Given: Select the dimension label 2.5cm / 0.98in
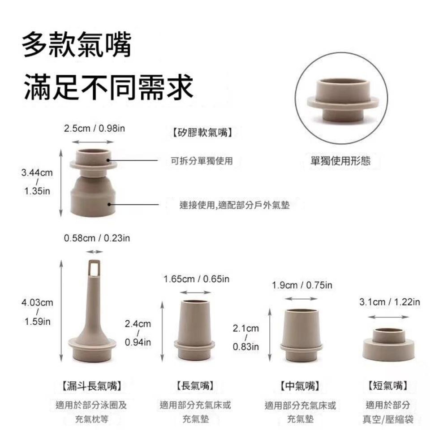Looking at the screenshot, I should (x=94, y=129).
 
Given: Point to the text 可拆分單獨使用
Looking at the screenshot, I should (x=202, y=161).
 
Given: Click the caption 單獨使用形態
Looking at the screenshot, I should (x=340, y=161).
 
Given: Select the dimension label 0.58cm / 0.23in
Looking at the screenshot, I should (x=97, y=238).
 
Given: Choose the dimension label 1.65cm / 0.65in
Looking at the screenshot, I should (x=197, y=279).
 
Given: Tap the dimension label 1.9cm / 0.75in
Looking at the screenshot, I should (x=302, y=285).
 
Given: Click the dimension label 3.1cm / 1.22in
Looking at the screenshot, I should (x=390, y=302).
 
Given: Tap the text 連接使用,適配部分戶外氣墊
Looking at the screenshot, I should (x=234, y=205).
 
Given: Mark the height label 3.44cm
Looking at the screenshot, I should (x=37, y=172).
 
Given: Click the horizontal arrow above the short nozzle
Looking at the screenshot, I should (x=388, y=317).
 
